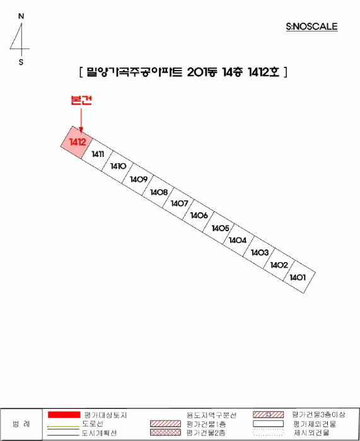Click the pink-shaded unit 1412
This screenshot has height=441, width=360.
click(77, 142)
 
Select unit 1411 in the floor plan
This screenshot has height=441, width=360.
click(97, 154)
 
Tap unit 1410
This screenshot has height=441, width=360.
click(118, 167)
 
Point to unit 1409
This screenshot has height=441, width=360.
click(138, 179)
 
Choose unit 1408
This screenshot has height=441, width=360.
click(158, 192)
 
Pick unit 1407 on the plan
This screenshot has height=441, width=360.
click(178, 203)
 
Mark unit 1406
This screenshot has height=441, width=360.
click(199, 216)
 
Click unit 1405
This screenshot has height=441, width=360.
click(219, 228)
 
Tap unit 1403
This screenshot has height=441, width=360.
click(259, 253)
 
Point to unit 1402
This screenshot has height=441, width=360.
click(279, 265)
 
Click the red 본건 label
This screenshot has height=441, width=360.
click(81, 100)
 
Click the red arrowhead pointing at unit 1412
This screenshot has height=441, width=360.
click(81, 129)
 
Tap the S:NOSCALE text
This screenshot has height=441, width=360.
click(312, 26)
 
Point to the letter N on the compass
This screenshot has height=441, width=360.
click(21, 16)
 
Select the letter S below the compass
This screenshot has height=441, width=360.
click(21, 62)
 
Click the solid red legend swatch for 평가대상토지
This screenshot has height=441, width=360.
click(64, 415)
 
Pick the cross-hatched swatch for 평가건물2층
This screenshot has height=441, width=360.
click(166, 432)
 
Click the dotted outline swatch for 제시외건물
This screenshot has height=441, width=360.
click(268, 432)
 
